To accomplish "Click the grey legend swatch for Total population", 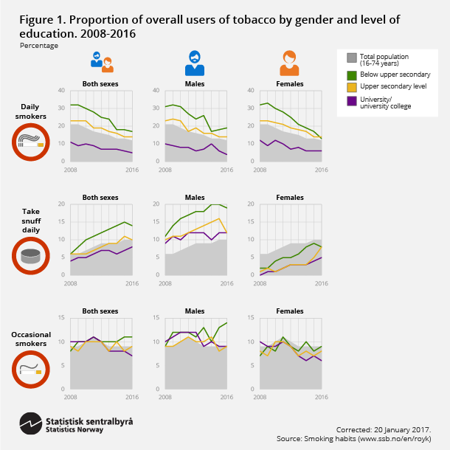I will [x=352, y=57].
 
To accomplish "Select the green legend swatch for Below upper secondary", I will [x=352, y=74].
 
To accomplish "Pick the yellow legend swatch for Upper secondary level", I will [x=352, y=86].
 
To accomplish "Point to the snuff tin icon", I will [x=31, y=256].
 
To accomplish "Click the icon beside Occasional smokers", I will [x=31, y=370].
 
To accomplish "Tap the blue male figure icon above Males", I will [x=194, y=63].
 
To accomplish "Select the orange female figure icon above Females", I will [x=289, y=63].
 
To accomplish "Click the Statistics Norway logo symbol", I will [x=30, y=425].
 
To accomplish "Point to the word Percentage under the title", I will [x=38, y=46].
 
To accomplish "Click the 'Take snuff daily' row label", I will [x=30, y=221].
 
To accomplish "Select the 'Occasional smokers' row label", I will [x=30, y=339].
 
